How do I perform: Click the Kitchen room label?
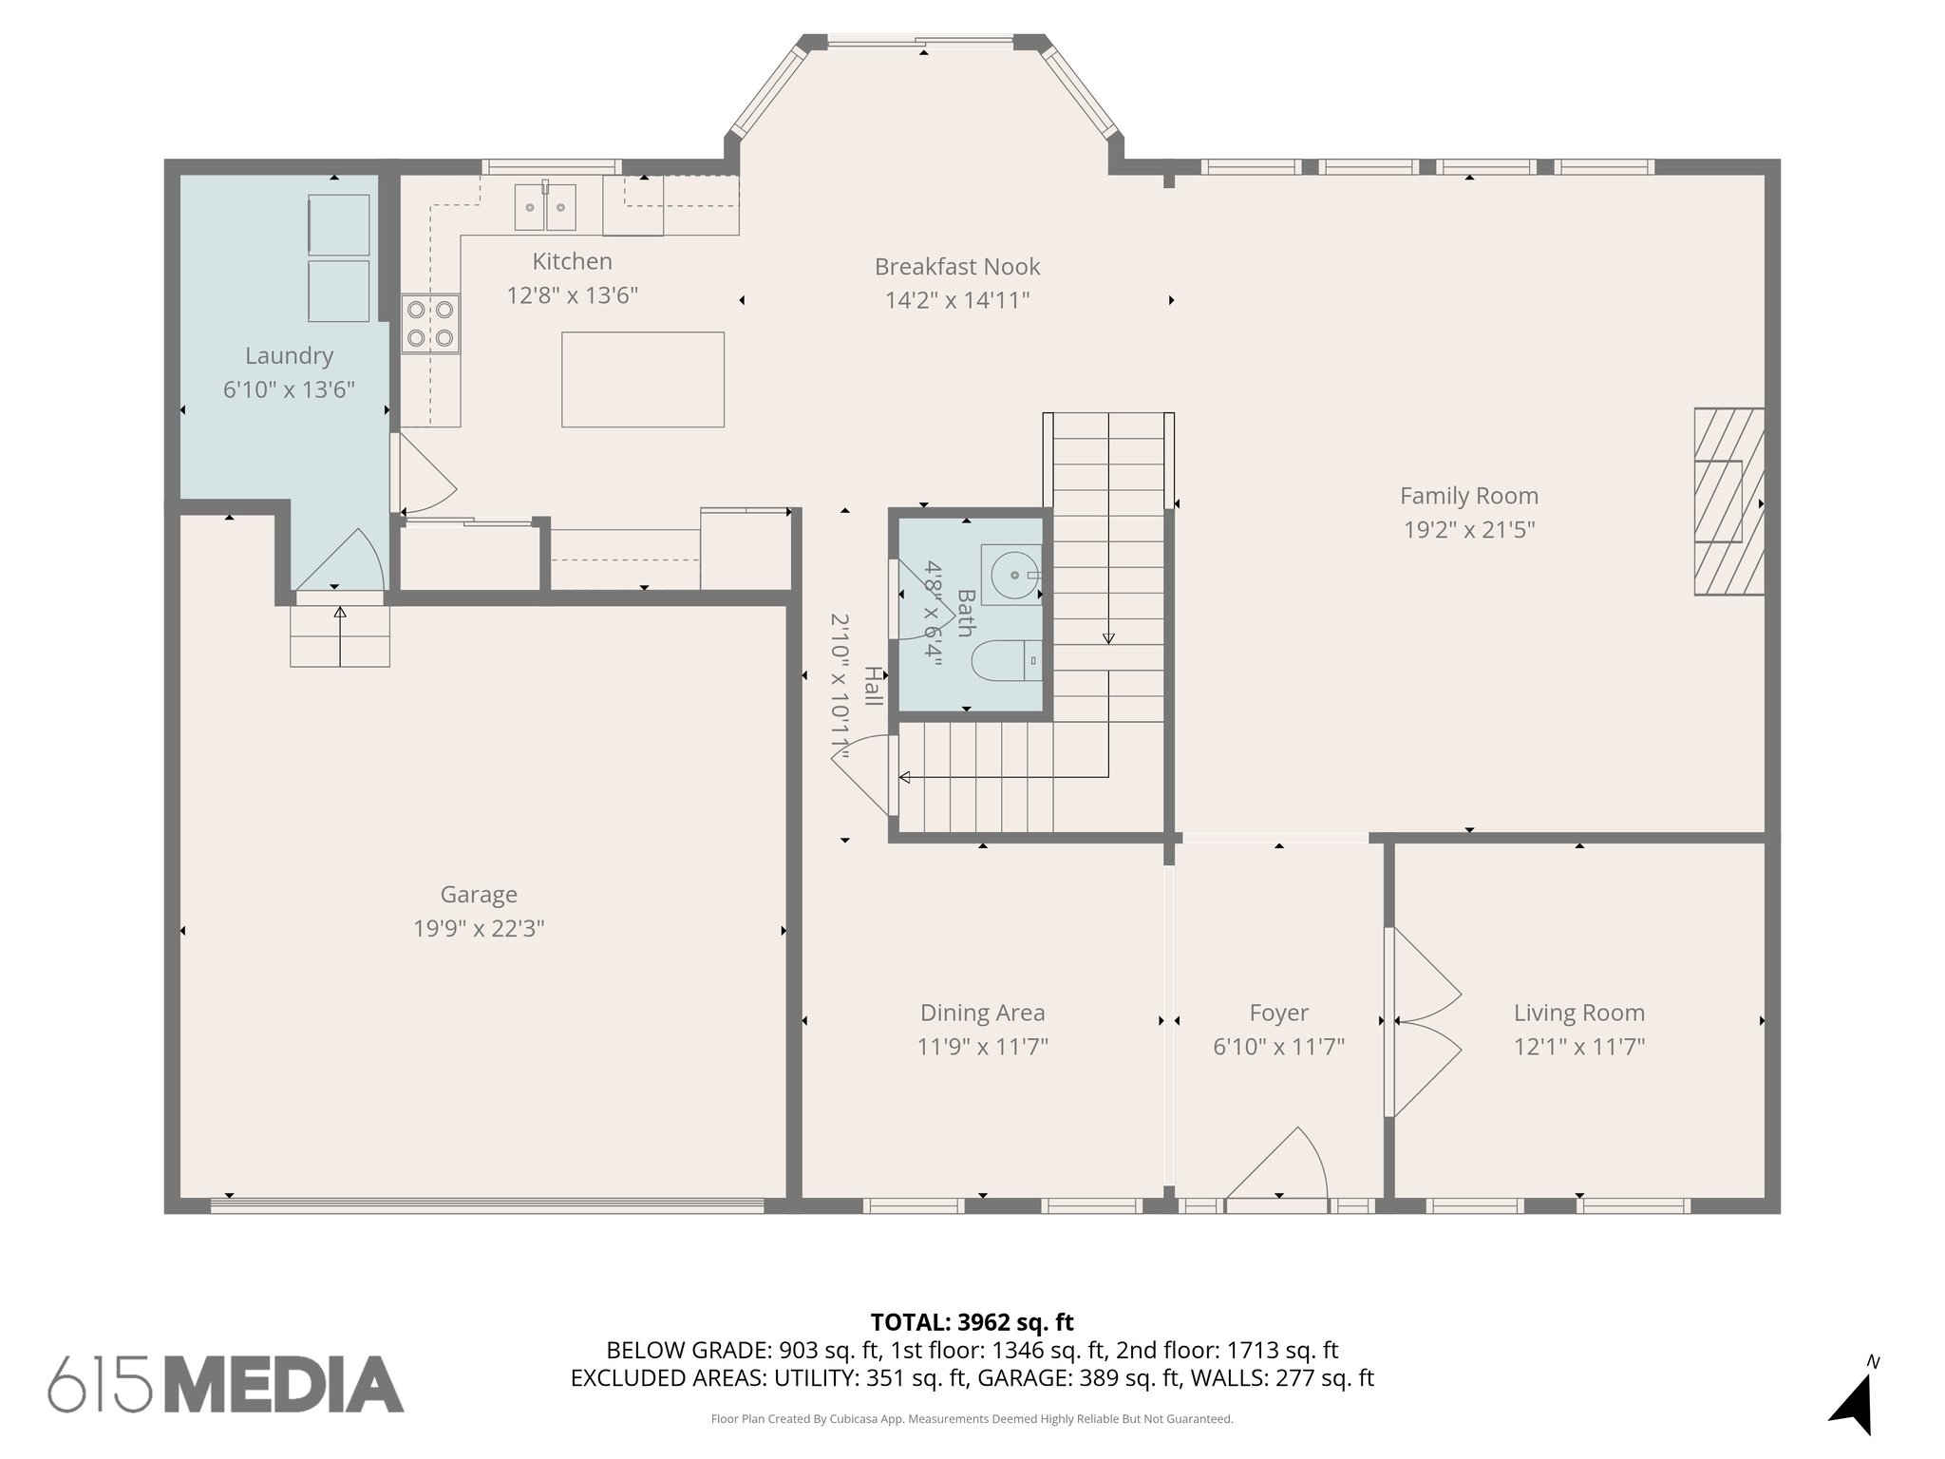[x=572, y=261]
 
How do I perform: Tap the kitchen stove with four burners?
[x=430, y=324]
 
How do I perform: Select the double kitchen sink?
[x=545, y=208]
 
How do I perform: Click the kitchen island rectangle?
[x=642, y=379]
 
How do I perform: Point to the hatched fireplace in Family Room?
[x=1728, y=502]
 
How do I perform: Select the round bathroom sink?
[x=1012, y=576]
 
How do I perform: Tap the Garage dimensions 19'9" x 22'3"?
[x=479, y=928]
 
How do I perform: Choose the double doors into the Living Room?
[x=1423, y=1021]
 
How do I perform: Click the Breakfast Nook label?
[x=956, y=267]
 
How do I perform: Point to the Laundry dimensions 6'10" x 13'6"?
[x=289, y=389]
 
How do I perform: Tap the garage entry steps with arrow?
[x=340, y=635]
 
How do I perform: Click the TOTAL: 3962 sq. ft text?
[x=972, y=1322]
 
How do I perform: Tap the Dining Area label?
[x=982, y=1013]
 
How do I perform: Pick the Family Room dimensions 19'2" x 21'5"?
[x=1469, y=530]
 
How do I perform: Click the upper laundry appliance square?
[x=339, y=225]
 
